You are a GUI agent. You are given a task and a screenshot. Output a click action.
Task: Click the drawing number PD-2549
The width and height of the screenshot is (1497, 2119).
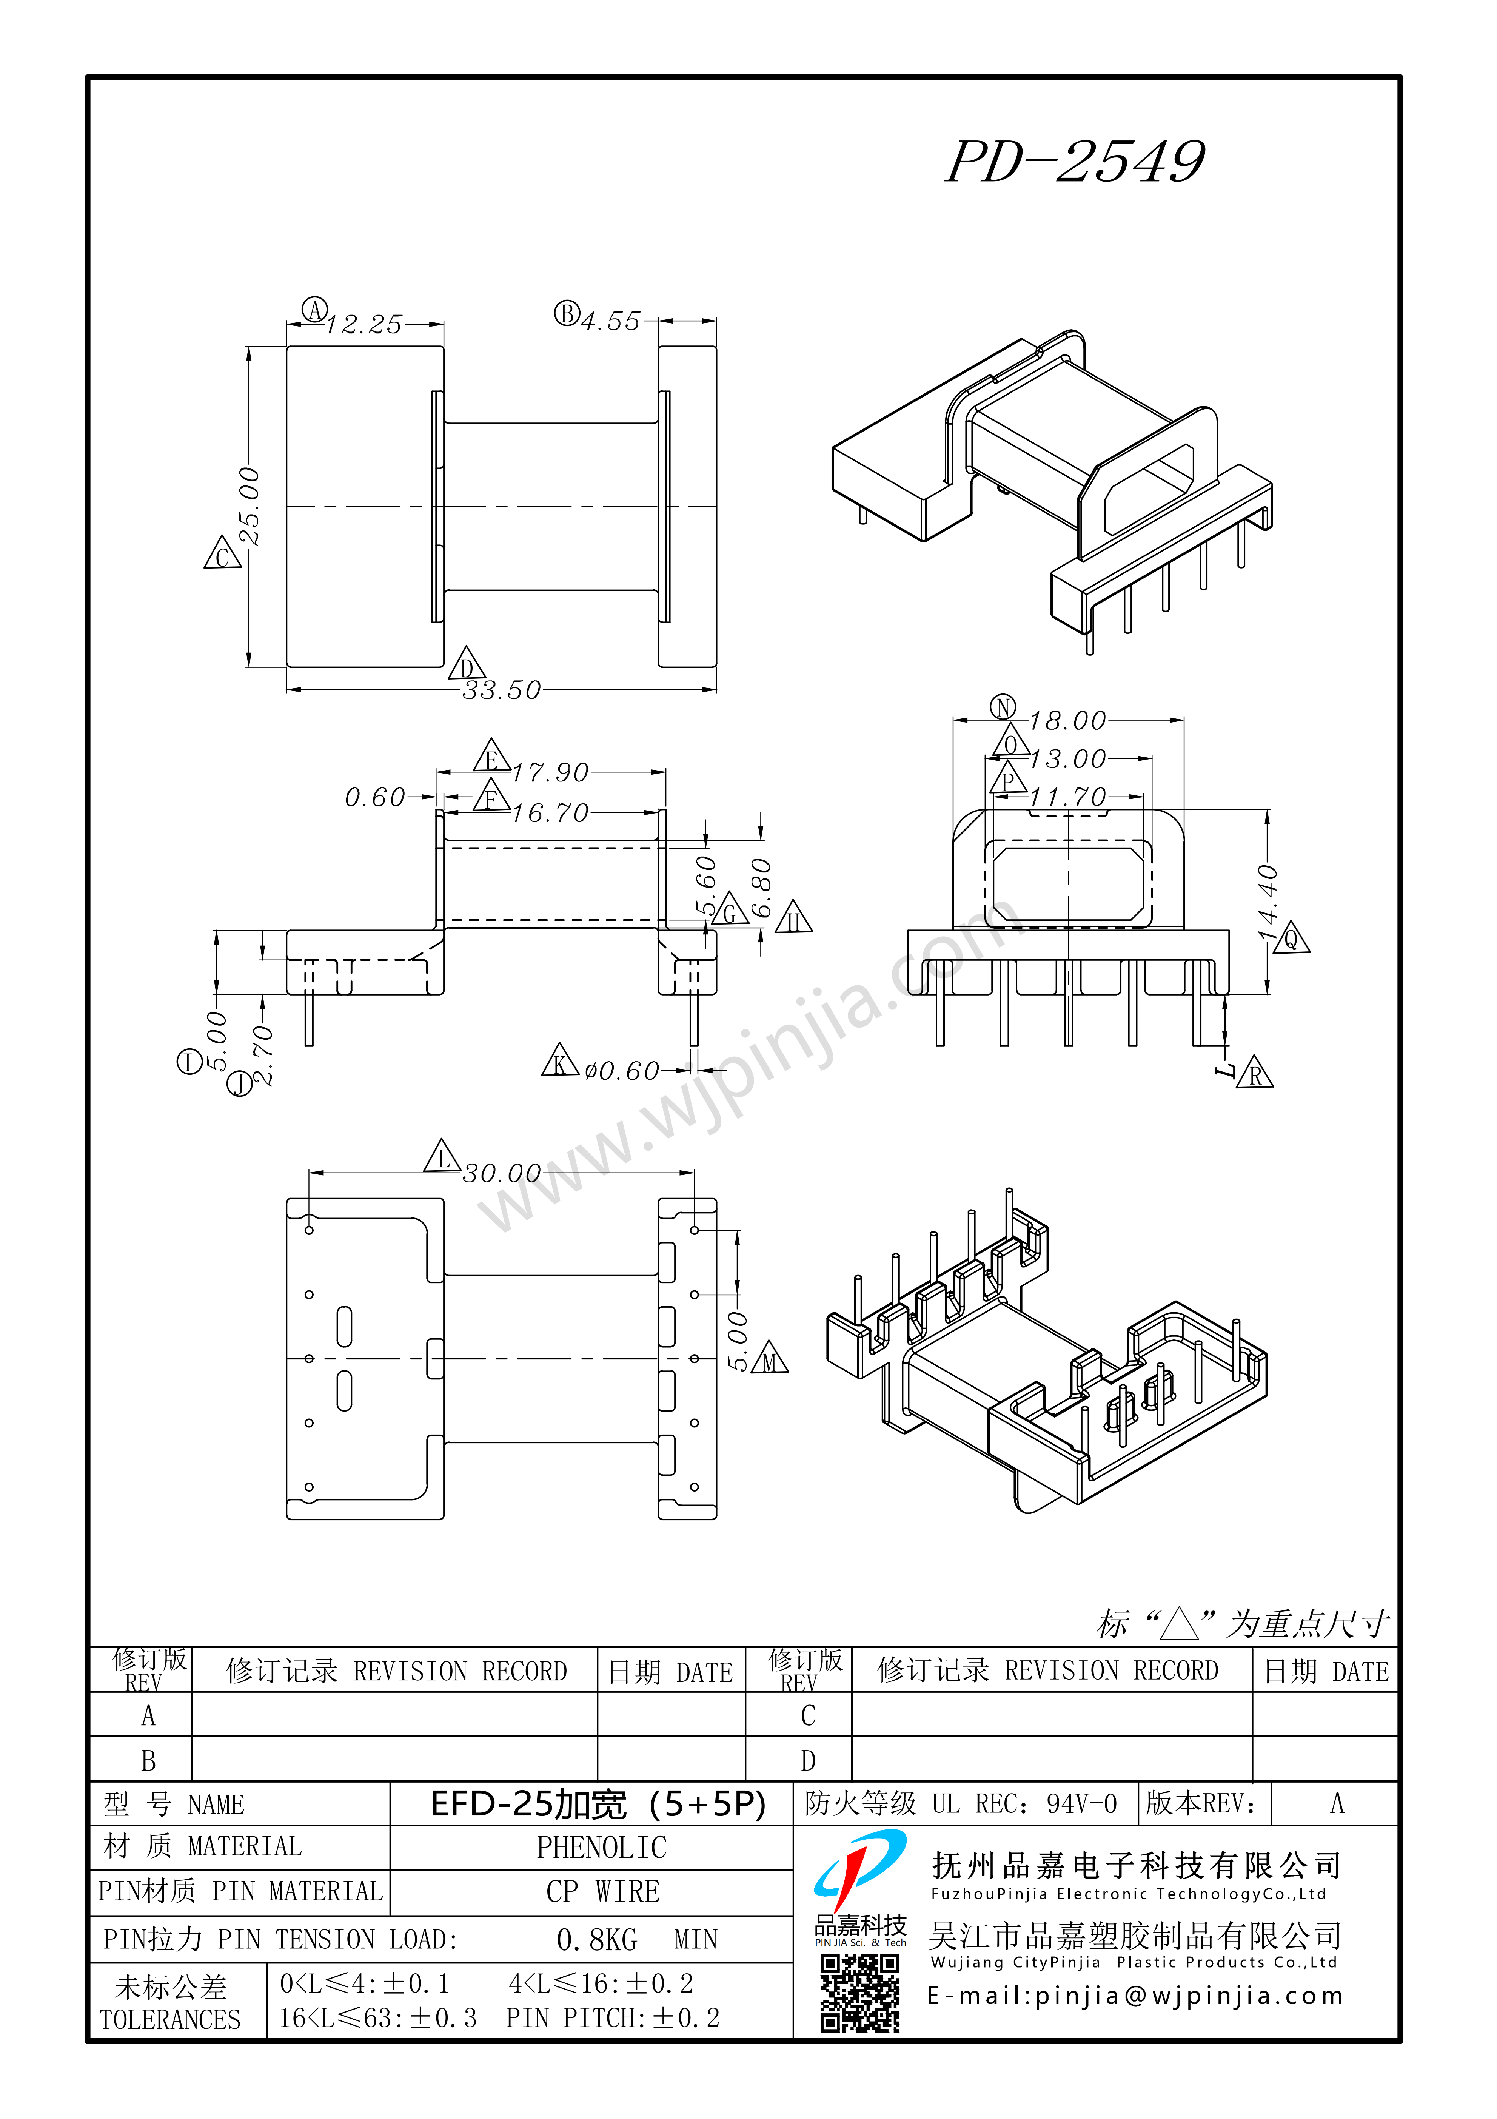click(x=1075, y=162)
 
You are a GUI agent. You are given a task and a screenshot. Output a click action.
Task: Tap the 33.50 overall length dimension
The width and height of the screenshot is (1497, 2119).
click(x=501, y=690)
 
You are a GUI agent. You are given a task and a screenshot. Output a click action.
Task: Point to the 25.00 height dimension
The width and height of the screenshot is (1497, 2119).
click(x=249, y=506)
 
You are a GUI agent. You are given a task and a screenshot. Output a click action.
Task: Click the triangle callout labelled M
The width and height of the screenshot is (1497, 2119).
click(x=770, y=1360)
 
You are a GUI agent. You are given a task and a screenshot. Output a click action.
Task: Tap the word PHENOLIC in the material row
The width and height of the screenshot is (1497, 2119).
click(x=602, y=1848)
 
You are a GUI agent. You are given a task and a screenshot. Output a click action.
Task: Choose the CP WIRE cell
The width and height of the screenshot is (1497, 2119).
click(x=603, y=1892)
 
